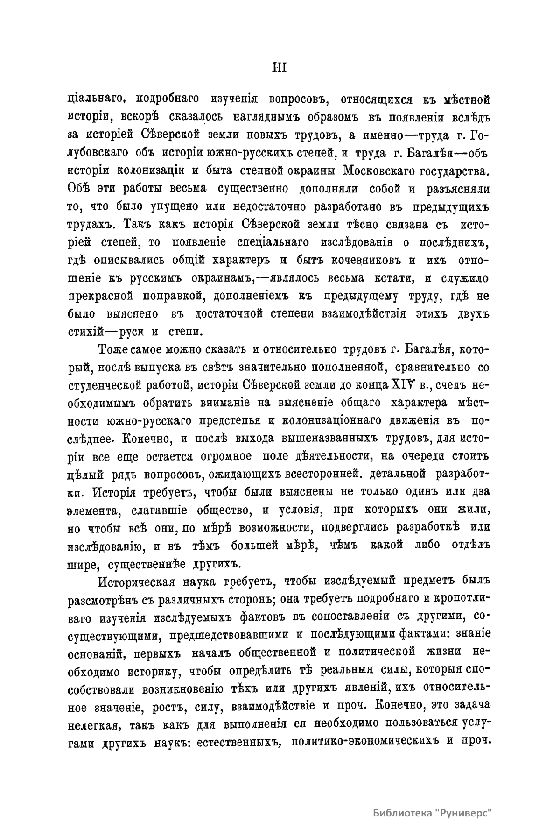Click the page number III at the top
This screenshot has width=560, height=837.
pyautogui.click(x=279, y=68)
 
